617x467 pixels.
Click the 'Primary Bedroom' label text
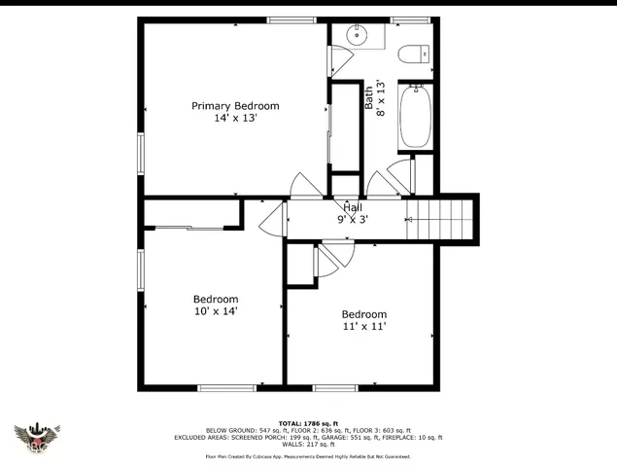point(235,106)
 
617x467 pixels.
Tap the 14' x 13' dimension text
point(235,119)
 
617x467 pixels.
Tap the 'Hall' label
point(352,207)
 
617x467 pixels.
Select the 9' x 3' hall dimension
point(352,219)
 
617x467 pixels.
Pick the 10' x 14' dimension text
point(216,311)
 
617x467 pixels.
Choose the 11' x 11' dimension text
point(363,327)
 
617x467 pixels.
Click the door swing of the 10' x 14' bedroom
point(272,219)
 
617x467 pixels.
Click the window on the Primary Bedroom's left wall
point(142,151)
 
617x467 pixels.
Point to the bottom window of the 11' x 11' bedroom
point(334,388)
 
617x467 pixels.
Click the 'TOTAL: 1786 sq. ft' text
point(308,423)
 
